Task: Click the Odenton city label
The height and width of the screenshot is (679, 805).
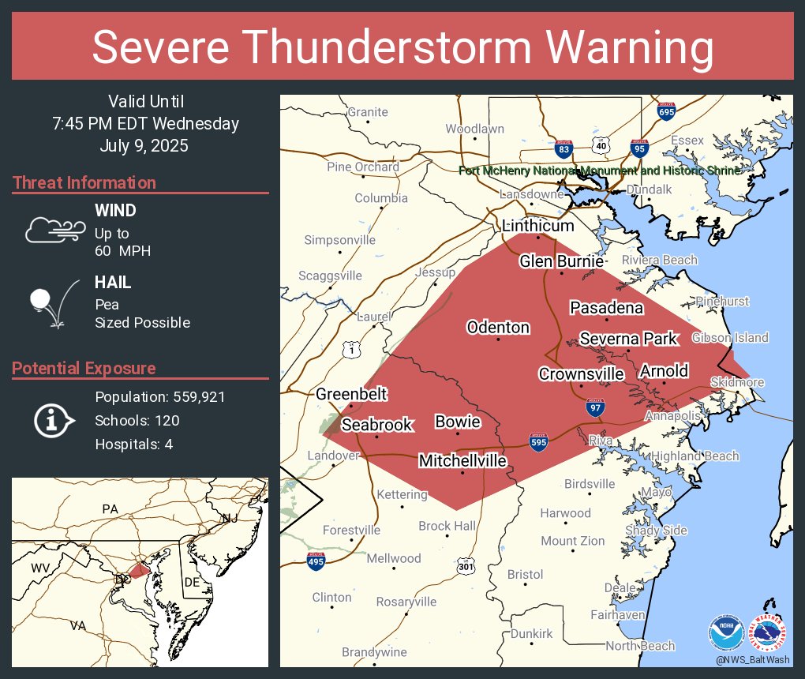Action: tap(498, 327)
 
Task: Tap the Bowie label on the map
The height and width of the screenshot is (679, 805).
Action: tap(458, 422)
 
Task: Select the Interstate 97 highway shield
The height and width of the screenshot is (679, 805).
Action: tap(597, 408)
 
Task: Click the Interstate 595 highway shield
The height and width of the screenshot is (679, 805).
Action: tap(539, 442)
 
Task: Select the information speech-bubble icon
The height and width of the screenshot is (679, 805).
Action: tap(54, 420)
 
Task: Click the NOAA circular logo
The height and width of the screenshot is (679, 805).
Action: tap(726, 632)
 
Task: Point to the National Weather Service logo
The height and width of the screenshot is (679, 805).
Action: tap(767, 632)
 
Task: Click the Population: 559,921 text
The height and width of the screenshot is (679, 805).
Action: tap(160, 397)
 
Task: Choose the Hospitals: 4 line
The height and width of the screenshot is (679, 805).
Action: tap(133, 445)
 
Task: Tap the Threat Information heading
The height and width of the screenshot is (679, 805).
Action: tap(84, 183)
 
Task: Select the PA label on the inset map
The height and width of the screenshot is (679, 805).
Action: tap(109, 510)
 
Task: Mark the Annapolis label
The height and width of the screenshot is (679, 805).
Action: tap(672, 415)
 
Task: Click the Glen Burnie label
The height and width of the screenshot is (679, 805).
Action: tap(561, 261)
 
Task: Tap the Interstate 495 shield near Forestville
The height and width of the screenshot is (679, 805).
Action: tap(316, 561)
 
